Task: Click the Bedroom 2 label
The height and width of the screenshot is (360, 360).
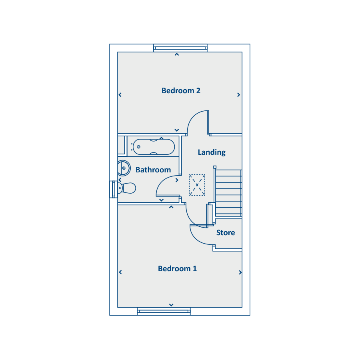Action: tap(181, 91)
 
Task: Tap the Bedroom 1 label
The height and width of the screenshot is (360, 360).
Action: tap(177, 269)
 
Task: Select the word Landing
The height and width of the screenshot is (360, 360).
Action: tap(212, 152)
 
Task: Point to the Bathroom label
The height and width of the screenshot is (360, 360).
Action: tap(153, 170)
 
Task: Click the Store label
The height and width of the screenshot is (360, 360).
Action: tap(226, 232)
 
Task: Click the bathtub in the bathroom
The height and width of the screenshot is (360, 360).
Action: tap(154, 147)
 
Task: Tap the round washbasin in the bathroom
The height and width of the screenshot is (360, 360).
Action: tap(124, 168)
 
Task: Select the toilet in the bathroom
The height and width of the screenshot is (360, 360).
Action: tap(126, 188)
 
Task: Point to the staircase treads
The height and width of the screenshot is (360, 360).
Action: tap(228, 193)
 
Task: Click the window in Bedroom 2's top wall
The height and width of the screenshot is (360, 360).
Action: tap(180, 48)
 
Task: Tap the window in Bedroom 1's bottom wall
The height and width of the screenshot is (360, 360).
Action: tap(164, 311)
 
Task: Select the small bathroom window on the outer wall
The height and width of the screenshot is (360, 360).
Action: tap(114, 190)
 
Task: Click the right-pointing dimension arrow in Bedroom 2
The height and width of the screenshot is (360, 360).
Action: tap(238, 95)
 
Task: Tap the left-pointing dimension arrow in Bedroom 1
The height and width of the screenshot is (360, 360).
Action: tap(120, 272)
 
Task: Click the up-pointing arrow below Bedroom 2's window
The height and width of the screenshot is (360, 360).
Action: tap(176, 54)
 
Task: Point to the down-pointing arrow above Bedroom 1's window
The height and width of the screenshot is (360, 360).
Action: tap(171, 305)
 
